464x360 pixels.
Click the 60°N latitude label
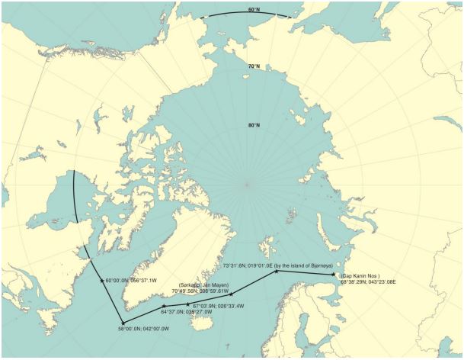[x=254, y=10]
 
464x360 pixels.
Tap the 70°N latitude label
[x=253, y=66]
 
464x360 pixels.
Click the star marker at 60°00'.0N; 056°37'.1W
[x=102, y=281]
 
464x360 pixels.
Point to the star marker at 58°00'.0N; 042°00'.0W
[x=123, y=323]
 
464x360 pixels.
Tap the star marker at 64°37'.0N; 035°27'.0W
[x=164, y=307]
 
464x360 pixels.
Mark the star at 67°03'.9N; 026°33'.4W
[x=188, y=304]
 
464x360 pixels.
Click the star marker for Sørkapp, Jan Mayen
[x=232, y=294]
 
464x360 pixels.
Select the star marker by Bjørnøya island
[x=277, y=271]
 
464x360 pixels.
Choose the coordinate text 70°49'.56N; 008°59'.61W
[x=200, y=291]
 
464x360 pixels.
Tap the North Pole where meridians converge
[x=247, y=183]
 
